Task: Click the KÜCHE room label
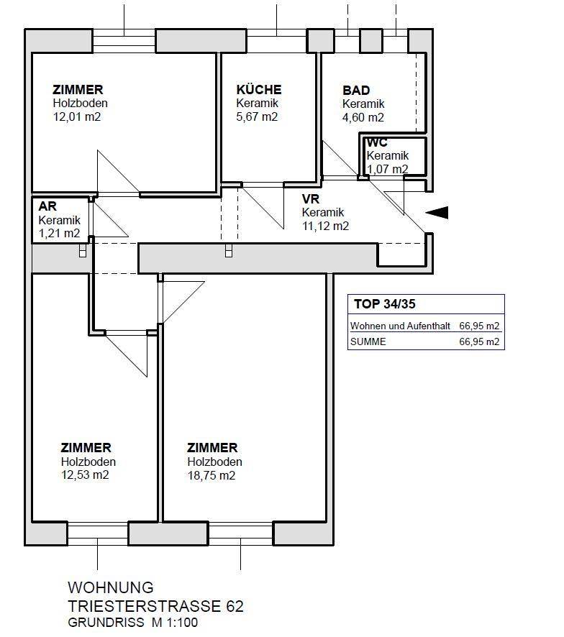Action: coord(259,90)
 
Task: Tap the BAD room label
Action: coord(356,91)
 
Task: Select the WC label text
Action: coord(377,142)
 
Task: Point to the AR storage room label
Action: coord(47,206)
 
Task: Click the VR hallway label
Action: coord(311,199)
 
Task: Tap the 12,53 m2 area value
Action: coord(85,475)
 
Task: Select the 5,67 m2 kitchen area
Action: coord(257,116)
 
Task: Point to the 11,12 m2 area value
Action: coord(326,226)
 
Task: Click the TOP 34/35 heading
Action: coord(385,304)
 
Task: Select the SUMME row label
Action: coord(368,342)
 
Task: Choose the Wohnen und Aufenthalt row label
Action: coord(400,326)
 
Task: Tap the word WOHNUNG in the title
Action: coord(110,588)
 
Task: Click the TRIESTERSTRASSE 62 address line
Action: coord(155,606)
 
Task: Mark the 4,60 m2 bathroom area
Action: coord(363,117)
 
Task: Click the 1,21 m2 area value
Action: coord(59,233)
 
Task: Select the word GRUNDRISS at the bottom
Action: coord(103,623)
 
